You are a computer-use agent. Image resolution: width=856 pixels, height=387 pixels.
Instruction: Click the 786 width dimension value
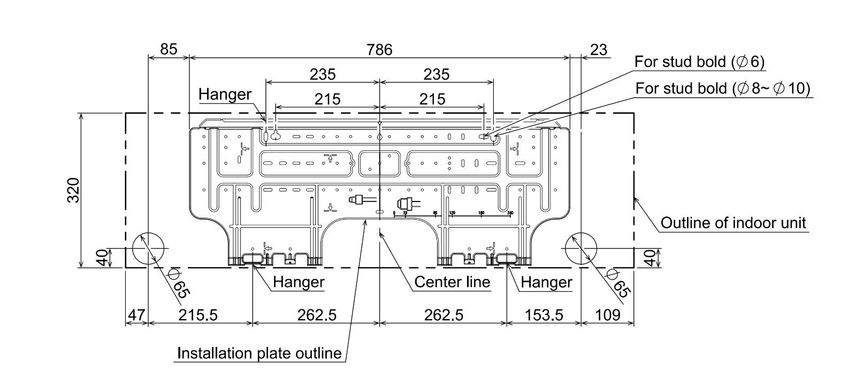pyautogui.click(x=379, y=50)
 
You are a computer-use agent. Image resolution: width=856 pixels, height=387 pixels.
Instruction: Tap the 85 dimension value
pyautogui.click(x=169, y=50)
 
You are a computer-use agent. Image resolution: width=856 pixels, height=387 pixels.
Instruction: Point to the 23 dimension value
pyautogui.click(x=599, y=50)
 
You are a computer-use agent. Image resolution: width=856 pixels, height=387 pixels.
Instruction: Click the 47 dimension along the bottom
pyautogui.click(x=136, y=315)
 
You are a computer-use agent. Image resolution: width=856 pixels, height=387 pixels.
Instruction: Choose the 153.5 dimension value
pyautogui.click(x=544, y=315)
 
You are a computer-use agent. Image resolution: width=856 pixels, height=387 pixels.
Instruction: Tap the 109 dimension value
pyautogui.click(x=607, y=315)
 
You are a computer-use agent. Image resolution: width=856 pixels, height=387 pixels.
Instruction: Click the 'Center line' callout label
pyautogui.click(x=452, y=282)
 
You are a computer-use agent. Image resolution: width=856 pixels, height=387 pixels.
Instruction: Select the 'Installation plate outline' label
pyautogui.click(x=259, y=353)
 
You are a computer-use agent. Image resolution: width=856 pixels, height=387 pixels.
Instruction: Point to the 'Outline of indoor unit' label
pyautogui.click(x=733, y=222)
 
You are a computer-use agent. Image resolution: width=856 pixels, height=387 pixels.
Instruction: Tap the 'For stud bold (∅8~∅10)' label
pyautogui.click(x=723, y=88)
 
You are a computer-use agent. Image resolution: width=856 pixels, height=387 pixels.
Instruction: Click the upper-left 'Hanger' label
pyautogui.click(x=225, y=95)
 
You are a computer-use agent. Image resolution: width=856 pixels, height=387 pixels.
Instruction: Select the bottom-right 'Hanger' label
pyautogui.click(x=546, y=282)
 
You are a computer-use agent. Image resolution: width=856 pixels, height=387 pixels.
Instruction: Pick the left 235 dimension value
pyautogui.click(x=323, y=74)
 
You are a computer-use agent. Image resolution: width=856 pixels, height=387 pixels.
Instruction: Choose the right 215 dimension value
pyautogui.click(x=432, y=99)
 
